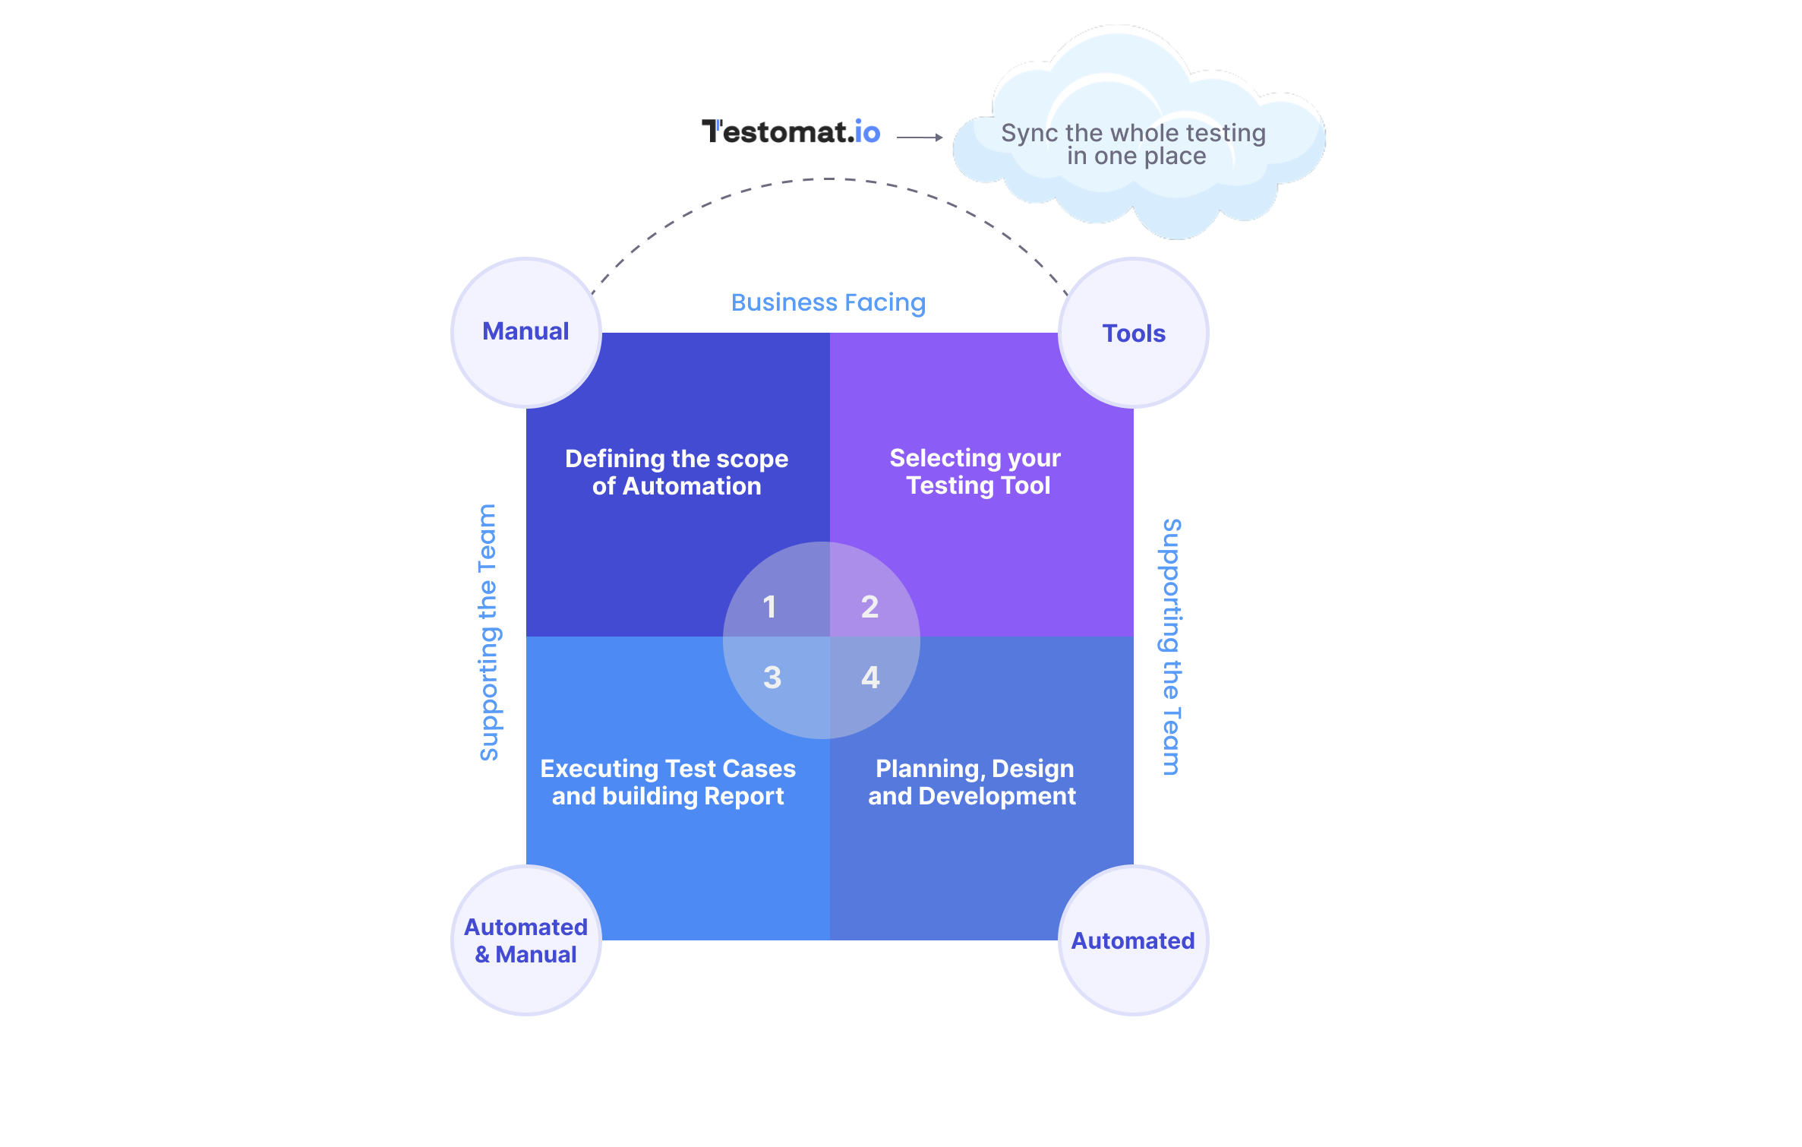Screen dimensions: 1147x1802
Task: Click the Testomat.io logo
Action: coord(790,132)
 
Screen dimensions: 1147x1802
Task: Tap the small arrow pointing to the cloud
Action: coord(920,137)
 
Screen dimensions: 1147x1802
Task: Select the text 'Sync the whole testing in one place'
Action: coord(1133,144)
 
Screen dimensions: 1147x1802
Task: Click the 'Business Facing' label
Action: coord(828,302)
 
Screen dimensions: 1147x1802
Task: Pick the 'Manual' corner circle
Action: coord(525,332)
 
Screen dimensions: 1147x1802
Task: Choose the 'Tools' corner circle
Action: coord(1133,333)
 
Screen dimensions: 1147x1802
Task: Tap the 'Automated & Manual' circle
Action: coord(525,940)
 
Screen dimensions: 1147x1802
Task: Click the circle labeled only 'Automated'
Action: coord(1133,940)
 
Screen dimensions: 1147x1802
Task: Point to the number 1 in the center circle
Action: coord(770,607)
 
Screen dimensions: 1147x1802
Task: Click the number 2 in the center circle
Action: coord(869,607)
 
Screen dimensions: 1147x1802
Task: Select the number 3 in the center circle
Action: coord(772,677)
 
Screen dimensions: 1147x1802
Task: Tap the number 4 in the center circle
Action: coord(870,677)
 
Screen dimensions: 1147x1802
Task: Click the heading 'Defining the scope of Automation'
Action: coord(677,472)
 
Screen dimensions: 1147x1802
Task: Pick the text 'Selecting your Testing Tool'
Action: coord(977,472)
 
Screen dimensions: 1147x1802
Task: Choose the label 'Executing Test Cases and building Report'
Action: coord(667,782)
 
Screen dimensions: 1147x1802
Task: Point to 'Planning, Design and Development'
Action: coord(973,782)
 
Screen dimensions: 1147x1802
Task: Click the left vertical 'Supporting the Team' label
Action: coord(488,632)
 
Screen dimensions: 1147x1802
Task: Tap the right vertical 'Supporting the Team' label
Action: coord(1172,647)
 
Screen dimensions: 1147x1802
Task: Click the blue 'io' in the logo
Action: coord(867,132)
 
